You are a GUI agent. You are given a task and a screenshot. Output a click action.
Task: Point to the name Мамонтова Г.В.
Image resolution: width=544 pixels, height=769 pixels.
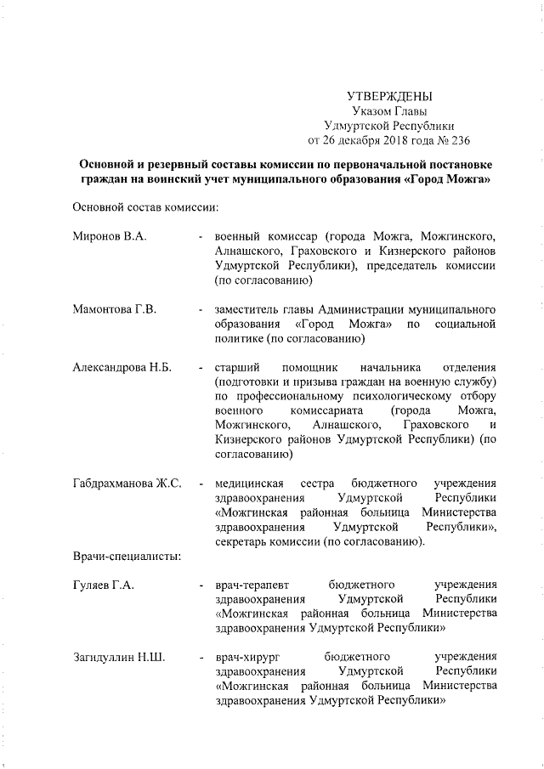(116, 308)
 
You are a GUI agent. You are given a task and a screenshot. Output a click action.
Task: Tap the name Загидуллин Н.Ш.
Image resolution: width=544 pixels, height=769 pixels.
(120, 657)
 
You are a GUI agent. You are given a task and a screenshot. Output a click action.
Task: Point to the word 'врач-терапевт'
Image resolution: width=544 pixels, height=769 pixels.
(252, 585)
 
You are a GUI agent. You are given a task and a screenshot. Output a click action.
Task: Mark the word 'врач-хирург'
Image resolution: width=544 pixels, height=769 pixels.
(248, 657)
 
